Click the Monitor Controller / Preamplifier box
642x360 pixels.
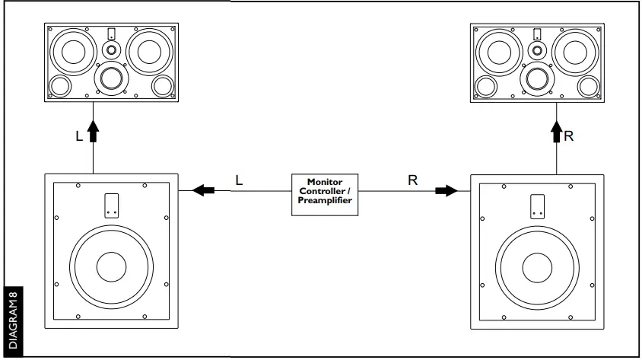(325, 194)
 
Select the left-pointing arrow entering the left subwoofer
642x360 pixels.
(204, 190)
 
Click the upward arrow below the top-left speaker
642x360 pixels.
(94, 132)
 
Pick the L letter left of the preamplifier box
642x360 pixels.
(239, 180)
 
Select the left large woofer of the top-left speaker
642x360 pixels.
(73, 53)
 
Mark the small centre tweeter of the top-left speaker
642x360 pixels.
(112, 50)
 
